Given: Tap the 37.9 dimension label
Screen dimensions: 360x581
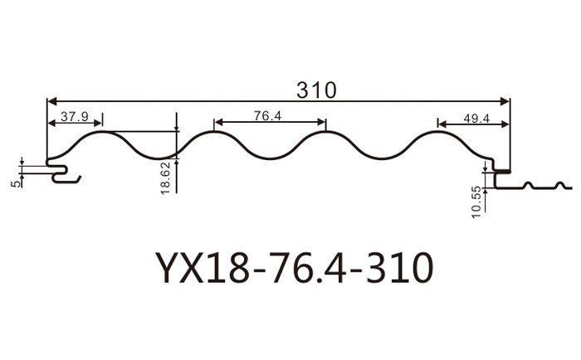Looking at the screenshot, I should [x=74, y=116].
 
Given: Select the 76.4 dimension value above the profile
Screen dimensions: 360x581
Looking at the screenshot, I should [x=268, y=116].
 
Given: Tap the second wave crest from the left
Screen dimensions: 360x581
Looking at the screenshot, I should [x=213, y=132].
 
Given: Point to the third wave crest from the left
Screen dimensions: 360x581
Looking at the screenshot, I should [x=325, y=132].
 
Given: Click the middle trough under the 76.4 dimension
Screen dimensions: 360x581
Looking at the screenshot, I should [x=269, y=158].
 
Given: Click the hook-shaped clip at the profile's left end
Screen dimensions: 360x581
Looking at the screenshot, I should [x=63, y=174].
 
